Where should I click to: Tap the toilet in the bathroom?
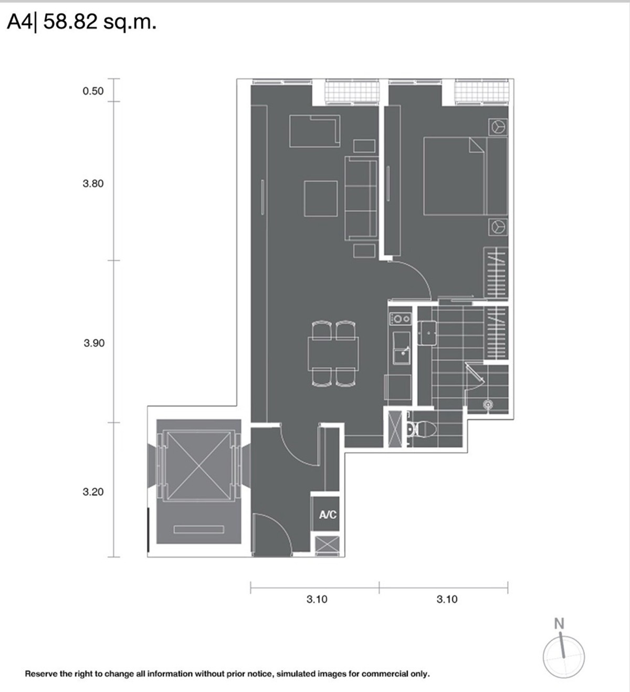pos(423,429)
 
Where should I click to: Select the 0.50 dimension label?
pos(93,91)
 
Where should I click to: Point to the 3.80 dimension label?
pos(93,184)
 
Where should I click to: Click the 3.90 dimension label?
pos(94,343)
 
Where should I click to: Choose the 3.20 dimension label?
pos(93,491)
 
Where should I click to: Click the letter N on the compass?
pos(559,624)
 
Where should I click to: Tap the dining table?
pos(333,354)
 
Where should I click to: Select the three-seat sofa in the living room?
pos(361,198)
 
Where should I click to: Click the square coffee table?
pos(321,198)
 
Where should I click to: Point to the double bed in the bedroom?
pos(466,176)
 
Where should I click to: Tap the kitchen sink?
pos(402,348)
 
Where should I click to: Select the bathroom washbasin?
pos(427,333)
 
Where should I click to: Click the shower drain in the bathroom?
pos(488,404)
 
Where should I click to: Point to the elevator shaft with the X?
pos(199,466)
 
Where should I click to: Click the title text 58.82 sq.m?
pos(100,22)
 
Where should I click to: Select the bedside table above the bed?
pos(498,127)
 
